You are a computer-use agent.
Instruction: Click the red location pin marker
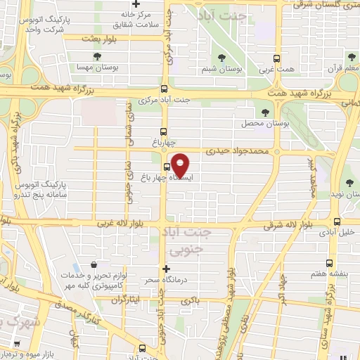[181, 165]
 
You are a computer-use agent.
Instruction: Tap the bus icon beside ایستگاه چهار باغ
[167, 167]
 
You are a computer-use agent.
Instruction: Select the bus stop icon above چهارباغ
[163, 131]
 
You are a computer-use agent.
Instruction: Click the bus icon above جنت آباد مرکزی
[163, 89]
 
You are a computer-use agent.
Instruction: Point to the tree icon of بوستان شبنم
[222, 58]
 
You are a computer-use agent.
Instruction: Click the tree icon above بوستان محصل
[265, 112]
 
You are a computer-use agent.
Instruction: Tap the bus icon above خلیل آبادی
[337, 220]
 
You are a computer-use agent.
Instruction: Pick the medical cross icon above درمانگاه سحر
[167, 269]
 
